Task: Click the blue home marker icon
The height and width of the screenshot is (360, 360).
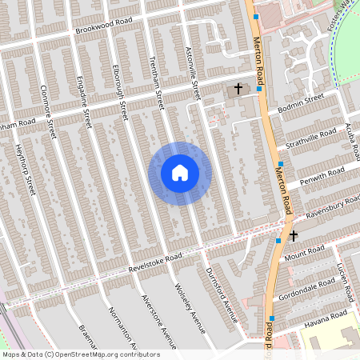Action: (180, 173)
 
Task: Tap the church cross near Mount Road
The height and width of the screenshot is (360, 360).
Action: (294, 236)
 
